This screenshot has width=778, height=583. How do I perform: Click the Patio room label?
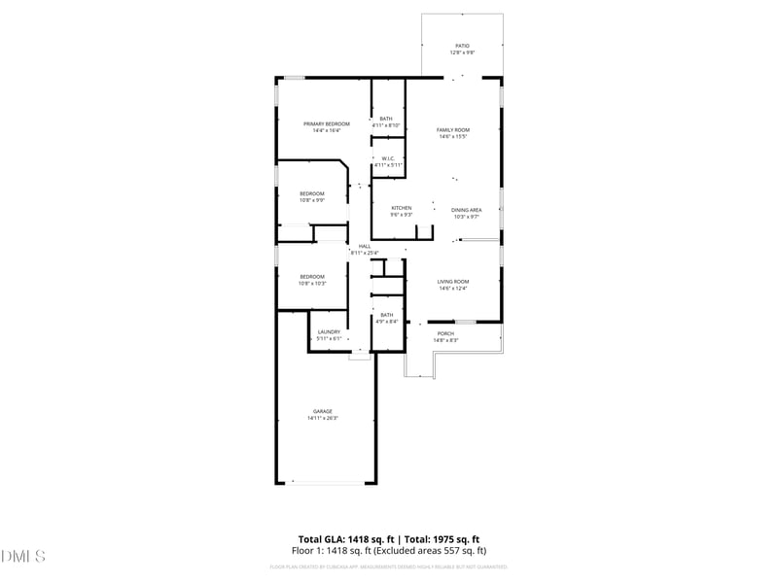[462, 46]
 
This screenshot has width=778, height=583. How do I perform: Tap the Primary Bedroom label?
[327, 124]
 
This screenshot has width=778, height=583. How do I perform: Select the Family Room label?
[453, 130]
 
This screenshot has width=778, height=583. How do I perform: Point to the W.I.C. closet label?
[387, 158]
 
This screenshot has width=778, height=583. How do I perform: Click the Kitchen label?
[402, 208]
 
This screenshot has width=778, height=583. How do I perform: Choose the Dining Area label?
[467, 210]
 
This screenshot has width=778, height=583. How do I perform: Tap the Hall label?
[365, 246]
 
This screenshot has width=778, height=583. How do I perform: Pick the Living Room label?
[453, 282]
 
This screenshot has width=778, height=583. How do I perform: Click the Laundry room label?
[329, 332]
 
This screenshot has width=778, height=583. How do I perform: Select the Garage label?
[323, 411]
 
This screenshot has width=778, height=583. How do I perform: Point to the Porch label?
[445, 333]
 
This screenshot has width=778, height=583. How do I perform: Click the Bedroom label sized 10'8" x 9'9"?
[311, 193]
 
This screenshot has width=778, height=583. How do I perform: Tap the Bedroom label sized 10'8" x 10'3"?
[311, 276]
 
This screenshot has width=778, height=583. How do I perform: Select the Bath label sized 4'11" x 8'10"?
[386, 119]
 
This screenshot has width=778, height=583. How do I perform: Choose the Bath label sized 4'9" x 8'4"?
[387, 315]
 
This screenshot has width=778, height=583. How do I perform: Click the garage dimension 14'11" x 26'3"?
[323, 418]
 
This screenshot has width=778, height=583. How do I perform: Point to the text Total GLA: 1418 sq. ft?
[345, 539]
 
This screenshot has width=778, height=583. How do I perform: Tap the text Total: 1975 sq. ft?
[442, 539]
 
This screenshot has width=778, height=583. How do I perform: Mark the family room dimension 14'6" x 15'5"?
[453, 137]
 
